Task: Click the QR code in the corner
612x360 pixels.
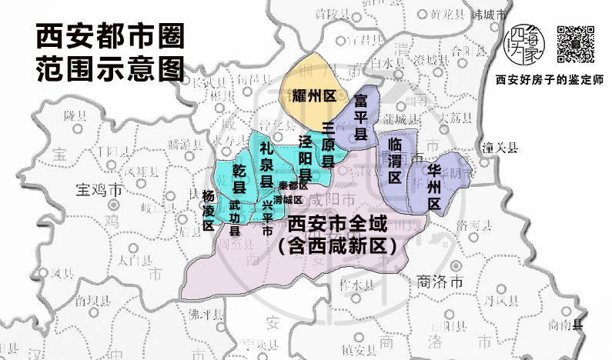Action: (576, 44)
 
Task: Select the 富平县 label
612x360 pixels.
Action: (360, 117)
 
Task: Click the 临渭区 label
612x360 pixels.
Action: (395, 160)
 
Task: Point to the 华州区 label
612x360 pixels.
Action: (434, 185)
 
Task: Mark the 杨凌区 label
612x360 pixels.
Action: (208, 210)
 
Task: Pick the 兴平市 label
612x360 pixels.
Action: (267, 218)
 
